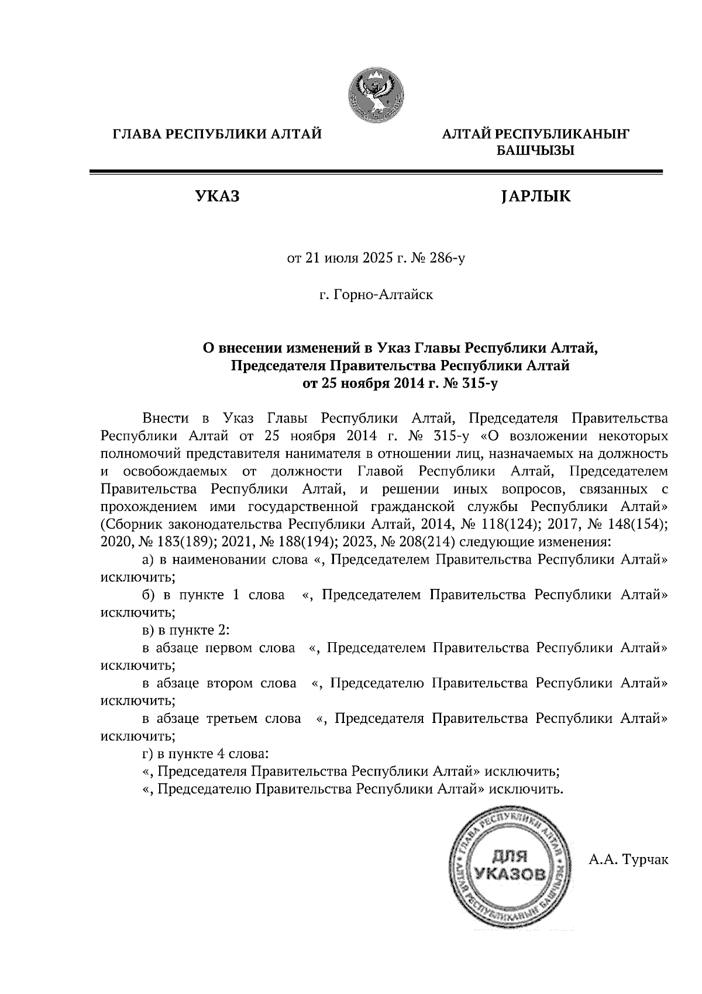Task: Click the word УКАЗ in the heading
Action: [x=217, y=197]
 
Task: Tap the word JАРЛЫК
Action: [x=535, y=197]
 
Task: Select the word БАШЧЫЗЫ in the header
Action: [x=535, y=151]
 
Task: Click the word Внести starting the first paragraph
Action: [x=165, y=419]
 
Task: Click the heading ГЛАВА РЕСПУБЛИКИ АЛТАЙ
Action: [x=217, y=135]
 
